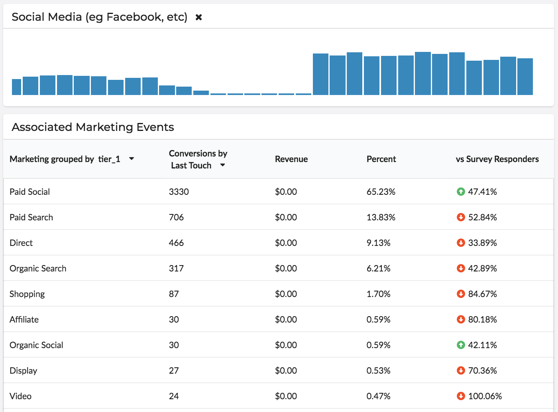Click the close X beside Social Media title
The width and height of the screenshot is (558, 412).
pyautogui.click(x=198, y=17)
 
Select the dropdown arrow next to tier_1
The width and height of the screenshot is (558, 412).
pyautogui.click(x=132, y=158)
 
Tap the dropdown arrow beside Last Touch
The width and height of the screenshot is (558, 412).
pyautogui.click(x=222, y=165)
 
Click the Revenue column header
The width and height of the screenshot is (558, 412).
pyautogui.click(x=291, y=159)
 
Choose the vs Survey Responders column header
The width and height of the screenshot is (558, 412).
pyautogui.click(x=497, y=159)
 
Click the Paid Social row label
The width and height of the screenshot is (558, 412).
pyautogui.click(x=29, y=192)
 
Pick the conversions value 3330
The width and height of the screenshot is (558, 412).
pyautogui.click(x=179, y=192)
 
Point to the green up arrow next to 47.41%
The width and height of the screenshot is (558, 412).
pyautogui.click(x=461, y=192)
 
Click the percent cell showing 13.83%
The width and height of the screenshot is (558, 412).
pyautogui.click(x=381, y=217)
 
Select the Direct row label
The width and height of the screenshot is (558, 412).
pyautogui.click(x=21, y=243)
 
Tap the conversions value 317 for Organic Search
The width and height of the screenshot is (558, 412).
pyautogui.click(x=176, y=268)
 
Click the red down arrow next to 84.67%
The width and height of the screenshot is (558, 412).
pyautogui.click(x=461, y=294)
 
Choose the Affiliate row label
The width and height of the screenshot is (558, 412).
pyautogui.click(x=24, y=319)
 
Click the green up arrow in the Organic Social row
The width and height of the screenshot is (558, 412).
pyautogui.click(x=461, y=345)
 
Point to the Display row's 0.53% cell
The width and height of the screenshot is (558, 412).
pyautogui.click(x=378, y=370)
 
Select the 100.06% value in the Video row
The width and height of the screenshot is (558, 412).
pyautogui.click(x=485, y=396)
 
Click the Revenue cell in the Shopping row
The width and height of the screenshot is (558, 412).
pyautogui.click(x=286, y=294)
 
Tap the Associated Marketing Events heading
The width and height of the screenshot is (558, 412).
pyautogui.click(x=93, y=127)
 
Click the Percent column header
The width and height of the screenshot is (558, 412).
pyautogui.click(x=381, y=159)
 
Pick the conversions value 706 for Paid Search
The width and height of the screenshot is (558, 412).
pyautogui.click(x=176, y=217)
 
